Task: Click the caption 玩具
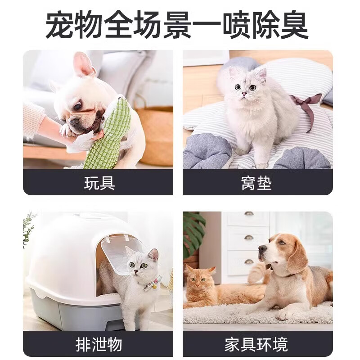point(99,183)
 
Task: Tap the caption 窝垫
point(257,183)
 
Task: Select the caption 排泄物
point(99,345)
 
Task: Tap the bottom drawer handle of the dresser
point(248,261)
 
